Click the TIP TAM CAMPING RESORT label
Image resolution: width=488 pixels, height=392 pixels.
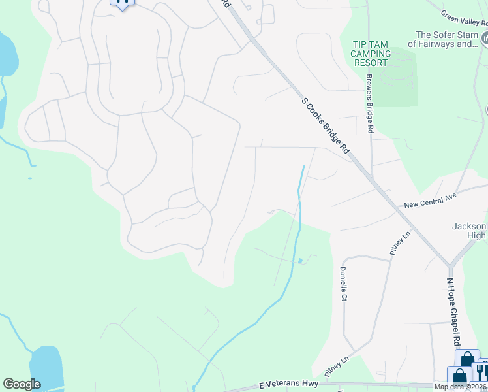[x=371, y=54]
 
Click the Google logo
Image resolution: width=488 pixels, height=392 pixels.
[x=22, y=384]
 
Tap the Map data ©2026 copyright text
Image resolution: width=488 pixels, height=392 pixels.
[x=461, y=387]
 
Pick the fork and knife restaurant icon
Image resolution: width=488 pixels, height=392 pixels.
[x=481, y=370]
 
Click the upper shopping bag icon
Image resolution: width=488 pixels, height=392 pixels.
[x=467, y=360]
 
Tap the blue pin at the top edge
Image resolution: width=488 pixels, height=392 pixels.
[x=122, y=3]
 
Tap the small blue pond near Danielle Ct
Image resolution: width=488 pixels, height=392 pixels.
[x=300, y=261]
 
